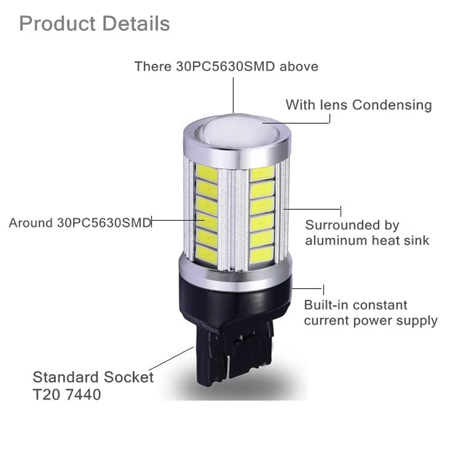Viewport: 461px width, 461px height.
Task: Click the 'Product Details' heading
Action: pos(95,23)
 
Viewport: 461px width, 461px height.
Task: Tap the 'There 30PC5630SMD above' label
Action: pos(226,66)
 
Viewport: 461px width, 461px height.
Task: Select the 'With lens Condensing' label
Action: pos(358,105)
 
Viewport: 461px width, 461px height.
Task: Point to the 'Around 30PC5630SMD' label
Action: pos(80,222)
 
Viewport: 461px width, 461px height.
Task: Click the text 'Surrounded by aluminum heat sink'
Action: pos(367,233)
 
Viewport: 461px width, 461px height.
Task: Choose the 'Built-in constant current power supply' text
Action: pos(371,313)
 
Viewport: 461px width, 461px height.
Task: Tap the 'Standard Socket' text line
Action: pos(93,377)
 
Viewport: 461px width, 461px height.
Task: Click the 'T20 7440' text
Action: pos(67,394)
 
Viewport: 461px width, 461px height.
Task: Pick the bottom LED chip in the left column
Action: pos(207,254)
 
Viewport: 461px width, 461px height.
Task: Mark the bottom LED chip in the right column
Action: pos(262,254)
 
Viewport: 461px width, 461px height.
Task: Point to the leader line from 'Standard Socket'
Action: pos(171,358)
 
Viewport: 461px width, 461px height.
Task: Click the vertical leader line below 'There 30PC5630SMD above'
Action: pos(233,95)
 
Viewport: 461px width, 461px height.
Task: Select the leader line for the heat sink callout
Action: pos(312,209)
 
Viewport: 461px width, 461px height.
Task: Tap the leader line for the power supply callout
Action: pos(308,288)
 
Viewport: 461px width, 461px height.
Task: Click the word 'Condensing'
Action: pos(392,105)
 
